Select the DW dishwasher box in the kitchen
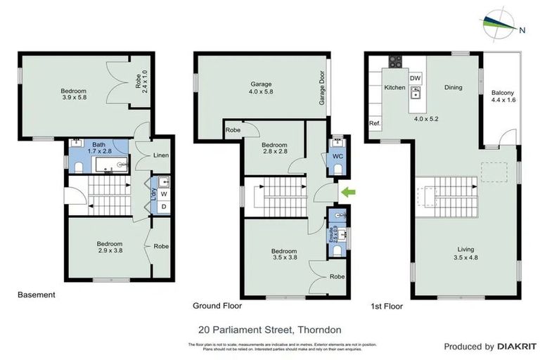[415, 78]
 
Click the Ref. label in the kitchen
[375, 124]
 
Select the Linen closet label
[160, 155]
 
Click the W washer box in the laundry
[163, 193]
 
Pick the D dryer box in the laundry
[163, 206]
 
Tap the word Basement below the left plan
[36, 295]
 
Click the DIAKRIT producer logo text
[517, 347]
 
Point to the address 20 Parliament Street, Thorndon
[270, 329]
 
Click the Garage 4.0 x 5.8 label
[261, 88]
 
